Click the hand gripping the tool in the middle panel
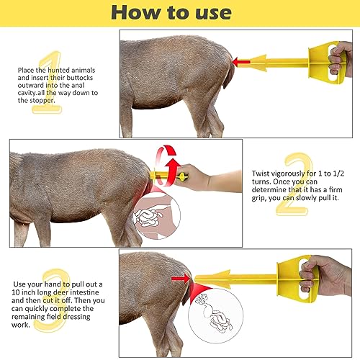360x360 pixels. point(206,176)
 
